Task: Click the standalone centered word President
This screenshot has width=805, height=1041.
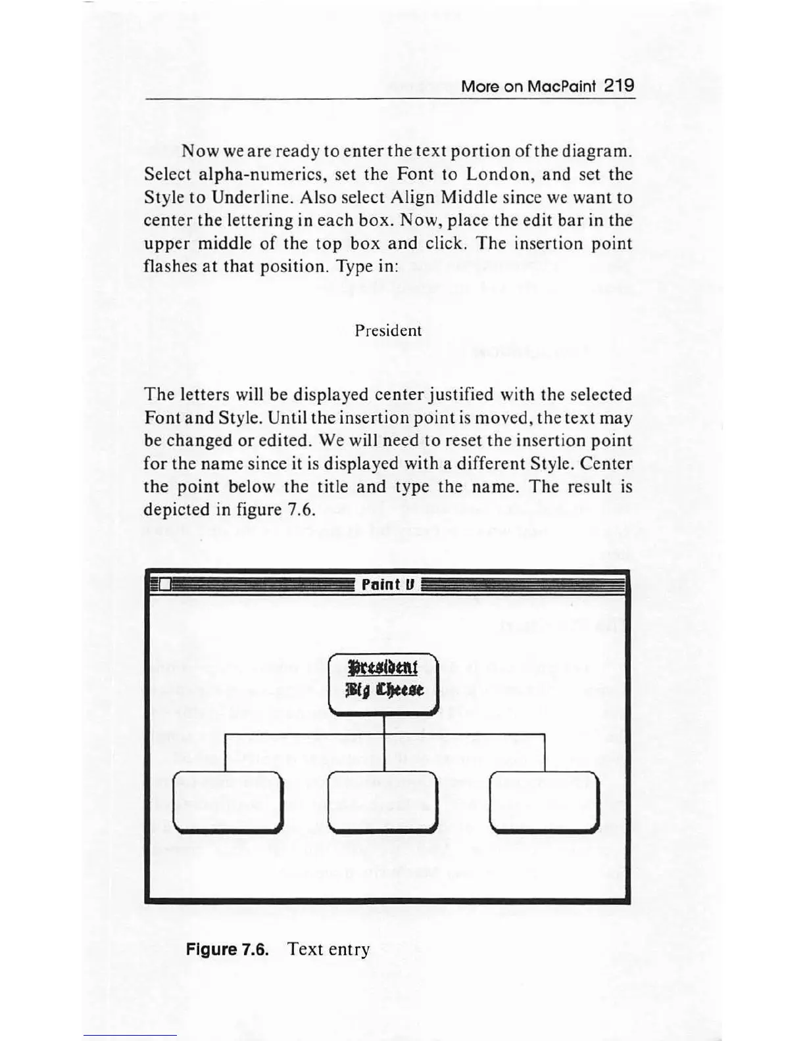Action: click(388, 331)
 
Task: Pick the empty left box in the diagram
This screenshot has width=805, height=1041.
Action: click(226, 800)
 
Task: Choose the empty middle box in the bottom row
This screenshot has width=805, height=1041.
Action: click(383, 800)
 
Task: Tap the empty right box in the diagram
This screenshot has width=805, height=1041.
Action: click(545, 800)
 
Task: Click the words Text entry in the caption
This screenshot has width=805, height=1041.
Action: click(329, 949)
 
